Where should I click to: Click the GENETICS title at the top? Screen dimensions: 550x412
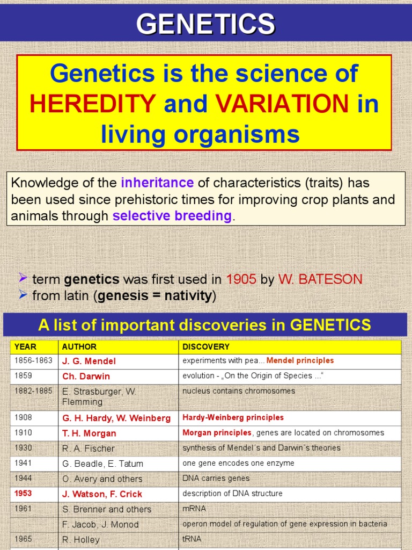205,24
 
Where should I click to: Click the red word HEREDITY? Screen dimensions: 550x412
93,103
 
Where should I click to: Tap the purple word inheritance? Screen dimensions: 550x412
157,183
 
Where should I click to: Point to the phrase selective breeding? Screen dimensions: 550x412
172,216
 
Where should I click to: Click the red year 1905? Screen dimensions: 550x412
241,279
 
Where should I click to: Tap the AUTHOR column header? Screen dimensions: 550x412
79,347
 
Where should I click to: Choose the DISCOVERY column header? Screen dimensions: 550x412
206,347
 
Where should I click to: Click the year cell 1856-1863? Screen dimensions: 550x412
33,360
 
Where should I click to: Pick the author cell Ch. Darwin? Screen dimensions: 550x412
86,376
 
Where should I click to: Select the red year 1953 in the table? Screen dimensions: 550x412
24,493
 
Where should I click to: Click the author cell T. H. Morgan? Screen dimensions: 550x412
89,433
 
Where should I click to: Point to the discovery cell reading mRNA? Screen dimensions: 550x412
194,508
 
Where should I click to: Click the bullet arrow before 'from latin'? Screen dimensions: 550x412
23,294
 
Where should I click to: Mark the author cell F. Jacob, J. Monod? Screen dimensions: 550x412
100,524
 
